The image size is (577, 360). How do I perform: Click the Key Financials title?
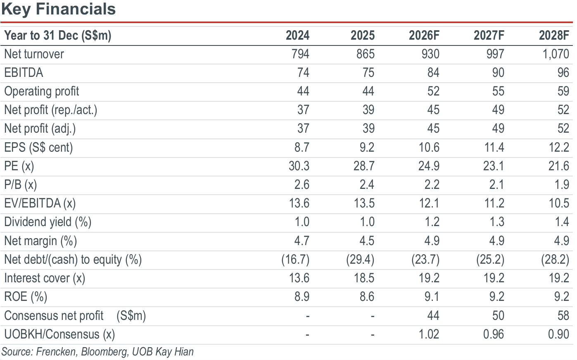click(x=59, y=9)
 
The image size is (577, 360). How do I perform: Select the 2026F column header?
click(x=424, y=35)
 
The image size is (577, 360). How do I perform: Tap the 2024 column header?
click(x=297, y=35)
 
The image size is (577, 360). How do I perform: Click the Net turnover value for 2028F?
click(x=556, y=54)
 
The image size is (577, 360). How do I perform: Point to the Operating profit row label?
click(x=42, y=91)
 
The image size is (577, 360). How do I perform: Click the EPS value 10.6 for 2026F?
click(x=429, y=148)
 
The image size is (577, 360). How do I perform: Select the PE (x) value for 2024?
click(x=299, y=166)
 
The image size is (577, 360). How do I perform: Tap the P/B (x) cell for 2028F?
click(x=562, y=185)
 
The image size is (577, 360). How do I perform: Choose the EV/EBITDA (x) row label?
click(x=40, y=203)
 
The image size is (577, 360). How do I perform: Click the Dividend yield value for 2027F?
click(x=496, y=222)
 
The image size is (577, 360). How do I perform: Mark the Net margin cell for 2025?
click(x=367, y=241)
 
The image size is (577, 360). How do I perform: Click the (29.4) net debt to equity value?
click(x=360, y=260)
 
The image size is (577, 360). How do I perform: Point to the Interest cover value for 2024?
click(x=299, y=278)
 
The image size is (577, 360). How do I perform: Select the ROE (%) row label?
click(x=26, y=297)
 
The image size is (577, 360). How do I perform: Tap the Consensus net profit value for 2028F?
click(x=563, y=316)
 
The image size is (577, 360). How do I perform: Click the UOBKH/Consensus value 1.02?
click(x=429, y=334)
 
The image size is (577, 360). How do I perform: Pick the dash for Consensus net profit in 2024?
click(x=307, y=316)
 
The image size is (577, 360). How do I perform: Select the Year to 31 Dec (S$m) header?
click(x=58, y=36)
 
